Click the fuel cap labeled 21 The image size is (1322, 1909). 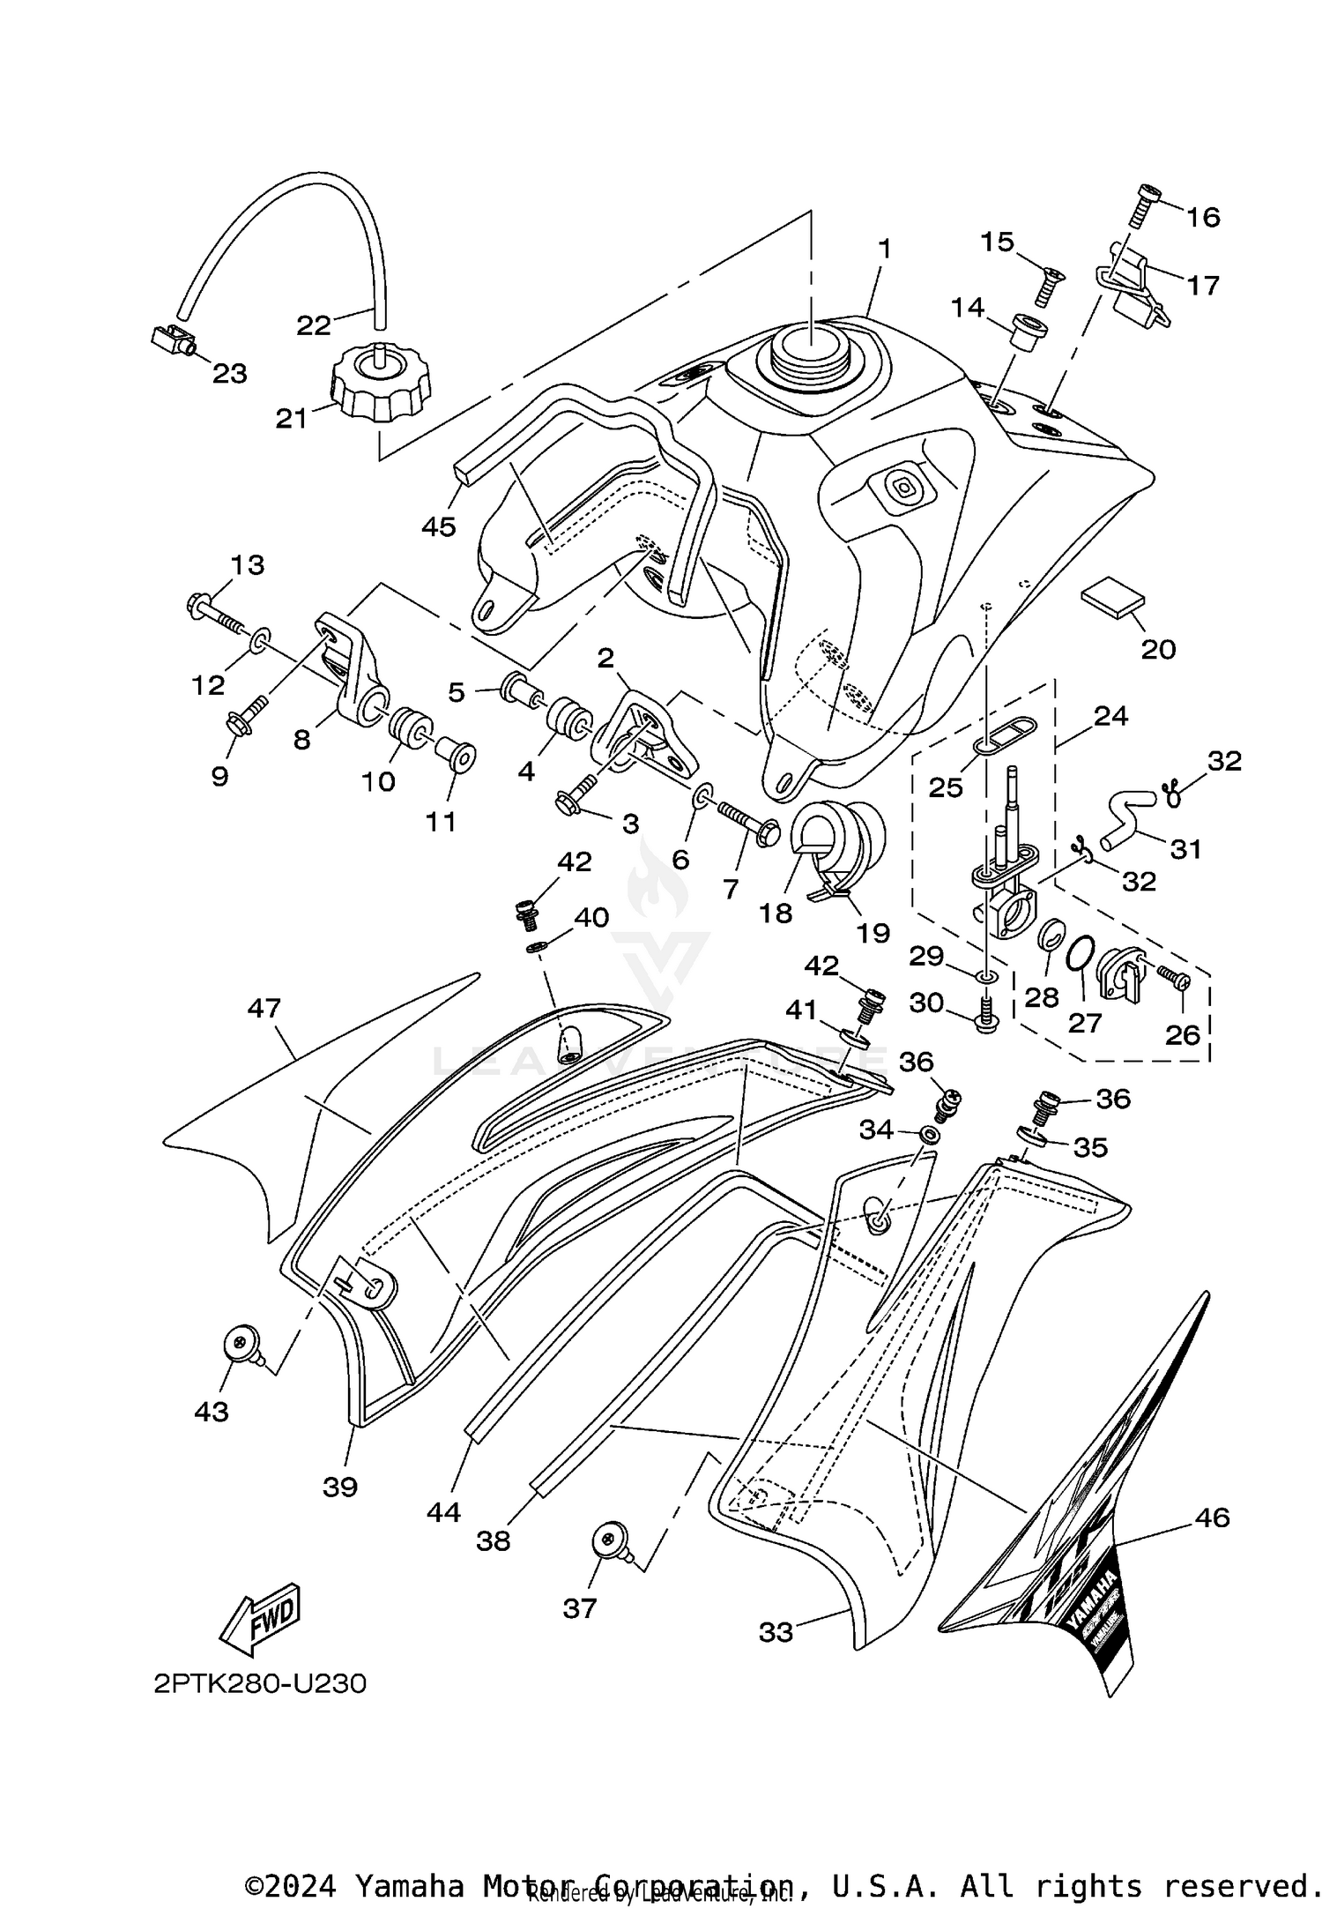pyautogui.click(x=381, y=384)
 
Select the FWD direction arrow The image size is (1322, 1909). pyautogui.click(x=260, y=1620)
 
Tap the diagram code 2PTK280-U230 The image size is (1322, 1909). pyautogui.click(x=259, y=1683)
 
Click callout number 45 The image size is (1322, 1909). pyautogui.click(x=438, y=527)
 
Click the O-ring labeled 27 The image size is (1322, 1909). pyautogui.click(x=1081, y=955)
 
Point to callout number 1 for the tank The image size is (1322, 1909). pyautogui.click(x=884, y=250)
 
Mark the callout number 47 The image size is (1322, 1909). pyautogui.click(x=264, y=1008)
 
